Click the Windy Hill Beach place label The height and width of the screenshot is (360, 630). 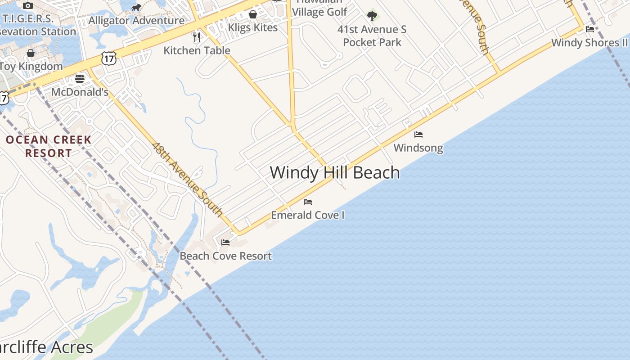(x=335, y=173)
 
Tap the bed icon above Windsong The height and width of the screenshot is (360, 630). (x=418, y=135)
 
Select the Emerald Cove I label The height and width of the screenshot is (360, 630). (x=308, y=215)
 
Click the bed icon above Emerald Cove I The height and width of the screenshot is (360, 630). (x=308, y=202)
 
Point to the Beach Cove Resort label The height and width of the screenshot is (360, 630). (x=226, y=256)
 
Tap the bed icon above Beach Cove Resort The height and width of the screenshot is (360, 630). (x=225, y=243)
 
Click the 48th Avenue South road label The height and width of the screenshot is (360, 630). (x=188, y=179)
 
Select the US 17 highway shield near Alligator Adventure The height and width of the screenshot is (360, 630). (x=109, y=58)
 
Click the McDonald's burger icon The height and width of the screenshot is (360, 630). (x=80, y=79)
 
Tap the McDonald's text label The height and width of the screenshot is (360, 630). (x=80, y=92)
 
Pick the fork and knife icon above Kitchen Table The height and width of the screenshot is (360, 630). (x=197, y=37)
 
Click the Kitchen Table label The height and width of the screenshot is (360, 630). (x=197, y=50)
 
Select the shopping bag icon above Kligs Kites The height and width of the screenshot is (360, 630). (x=253, y=14)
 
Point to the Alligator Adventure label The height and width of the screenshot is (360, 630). (x=136, y=21)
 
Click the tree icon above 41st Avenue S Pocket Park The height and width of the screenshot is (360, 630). (x=372, y=16)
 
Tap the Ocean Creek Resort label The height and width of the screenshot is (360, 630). (x=49, y=146)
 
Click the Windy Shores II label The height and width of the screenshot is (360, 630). (x=589, y=43)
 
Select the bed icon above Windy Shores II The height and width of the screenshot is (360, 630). (x=590, y=29)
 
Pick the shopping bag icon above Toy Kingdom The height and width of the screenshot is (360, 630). (x=31, y=53)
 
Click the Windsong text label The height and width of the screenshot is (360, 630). (x=418, y=148)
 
